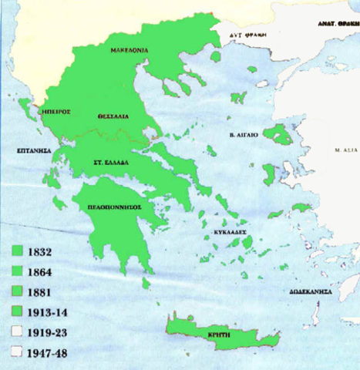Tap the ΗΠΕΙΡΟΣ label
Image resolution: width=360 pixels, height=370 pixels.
pos(57,111)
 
